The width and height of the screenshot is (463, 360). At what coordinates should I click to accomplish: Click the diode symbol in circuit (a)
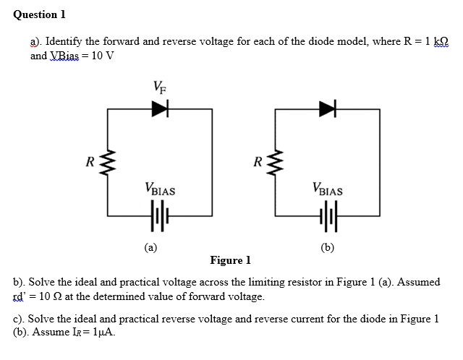[159, 108]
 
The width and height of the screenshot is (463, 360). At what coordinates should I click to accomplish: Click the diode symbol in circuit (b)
[328, 108]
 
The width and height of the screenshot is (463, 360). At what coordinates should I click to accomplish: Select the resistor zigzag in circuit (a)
[109, 161]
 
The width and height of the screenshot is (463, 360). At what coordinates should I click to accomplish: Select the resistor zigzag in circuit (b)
[277, 161]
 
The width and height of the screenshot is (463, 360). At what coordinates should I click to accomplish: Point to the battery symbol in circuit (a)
[159, 215]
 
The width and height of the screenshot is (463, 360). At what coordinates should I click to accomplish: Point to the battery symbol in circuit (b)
[328, 215]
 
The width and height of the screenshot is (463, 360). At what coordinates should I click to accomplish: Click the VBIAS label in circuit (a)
[160, 192]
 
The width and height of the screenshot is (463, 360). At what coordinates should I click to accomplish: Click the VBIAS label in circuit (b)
[328, 192]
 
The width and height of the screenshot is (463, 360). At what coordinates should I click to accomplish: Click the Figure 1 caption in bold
[230, 260]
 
